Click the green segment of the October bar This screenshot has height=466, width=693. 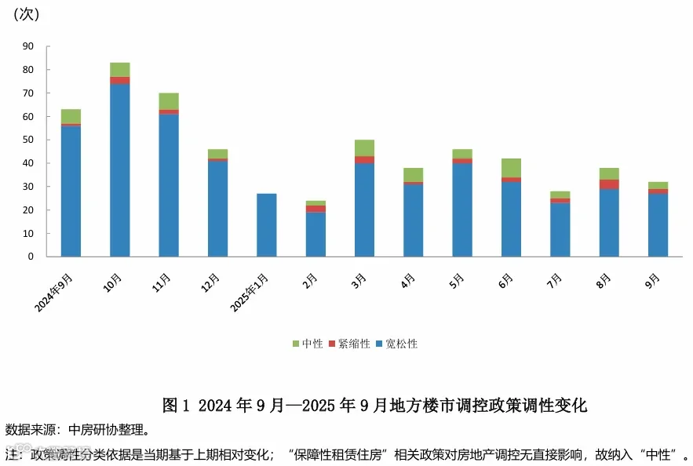(x=120, y=70)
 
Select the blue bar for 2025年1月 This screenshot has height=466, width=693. (x=267, y=225)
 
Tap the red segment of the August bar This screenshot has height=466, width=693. (x=609, y=184)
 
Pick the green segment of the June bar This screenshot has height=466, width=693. (x=512, y=169)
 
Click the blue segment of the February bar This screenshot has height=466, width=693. (x=315, y=235)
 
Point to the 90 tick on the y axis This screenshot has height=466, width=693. (x=28, y=46)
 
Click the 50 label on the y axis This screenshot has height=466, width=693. (x=28, y=140)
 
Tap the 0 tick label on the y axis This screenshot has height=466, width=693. (x=31, y=257)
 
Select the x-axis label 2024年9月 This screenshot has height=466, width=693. (x=53, y=293)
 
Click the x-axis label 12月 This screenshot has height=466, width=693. (x=210, y=282)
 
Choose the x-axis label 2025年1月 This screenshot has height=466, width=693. (x=250, y=293)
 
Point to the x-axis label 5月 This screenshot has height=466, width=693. (x=457, y=282)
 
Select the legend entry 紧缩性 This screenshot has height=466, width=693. (x=349, y=344)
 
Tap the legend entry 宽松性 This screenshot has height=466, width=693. (x=396, y=344)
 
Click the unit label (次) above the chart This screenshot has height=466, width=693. (x=27, y=15)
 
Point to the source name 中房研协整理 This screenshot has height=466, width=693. (x=106, y=430)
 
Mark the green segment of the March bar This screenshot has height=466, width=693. (x=365, y=148)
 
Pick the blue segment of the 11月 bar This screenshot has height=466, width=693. (x=169, y=185)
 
